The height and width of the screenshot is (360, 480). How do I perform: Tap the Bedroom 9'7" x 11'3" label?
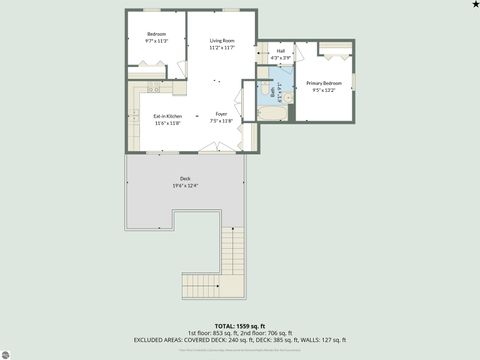[x=156, y=34]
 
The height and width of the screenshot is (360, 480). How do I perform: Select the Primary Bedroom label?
[x=324, y=83]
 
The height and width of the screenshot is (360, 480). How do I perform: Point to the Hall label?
[x=280, y=51]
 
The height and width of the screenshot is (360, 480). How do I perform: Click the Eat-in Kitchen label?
[x=167, y=116]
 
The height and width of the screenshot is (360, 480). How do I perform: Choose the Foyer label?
[x=221, y=115]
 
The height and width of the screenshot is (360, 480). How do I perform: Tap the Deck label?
[x=184, y=180]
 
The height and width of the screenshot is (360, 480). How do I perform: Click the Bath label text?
[x=273, y=93]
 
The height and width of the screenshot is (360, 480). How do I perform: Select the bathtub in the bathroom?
[x=272, y=114]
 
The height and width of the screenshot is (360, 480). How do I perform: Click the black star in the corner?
[x=474, y=5]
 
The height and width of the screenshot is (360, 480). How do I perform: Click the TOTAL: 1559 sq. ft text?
[x=240, y=326]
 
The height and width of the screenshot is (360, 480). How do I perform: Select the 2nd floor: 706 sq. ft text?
[x=267, y=333]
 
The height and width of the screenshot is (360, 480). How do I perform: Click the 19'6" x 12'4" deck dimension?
[x=184, y=186]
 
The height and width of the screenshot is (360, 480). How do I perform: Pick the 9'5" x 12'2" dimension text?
[x=324, y=89]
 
